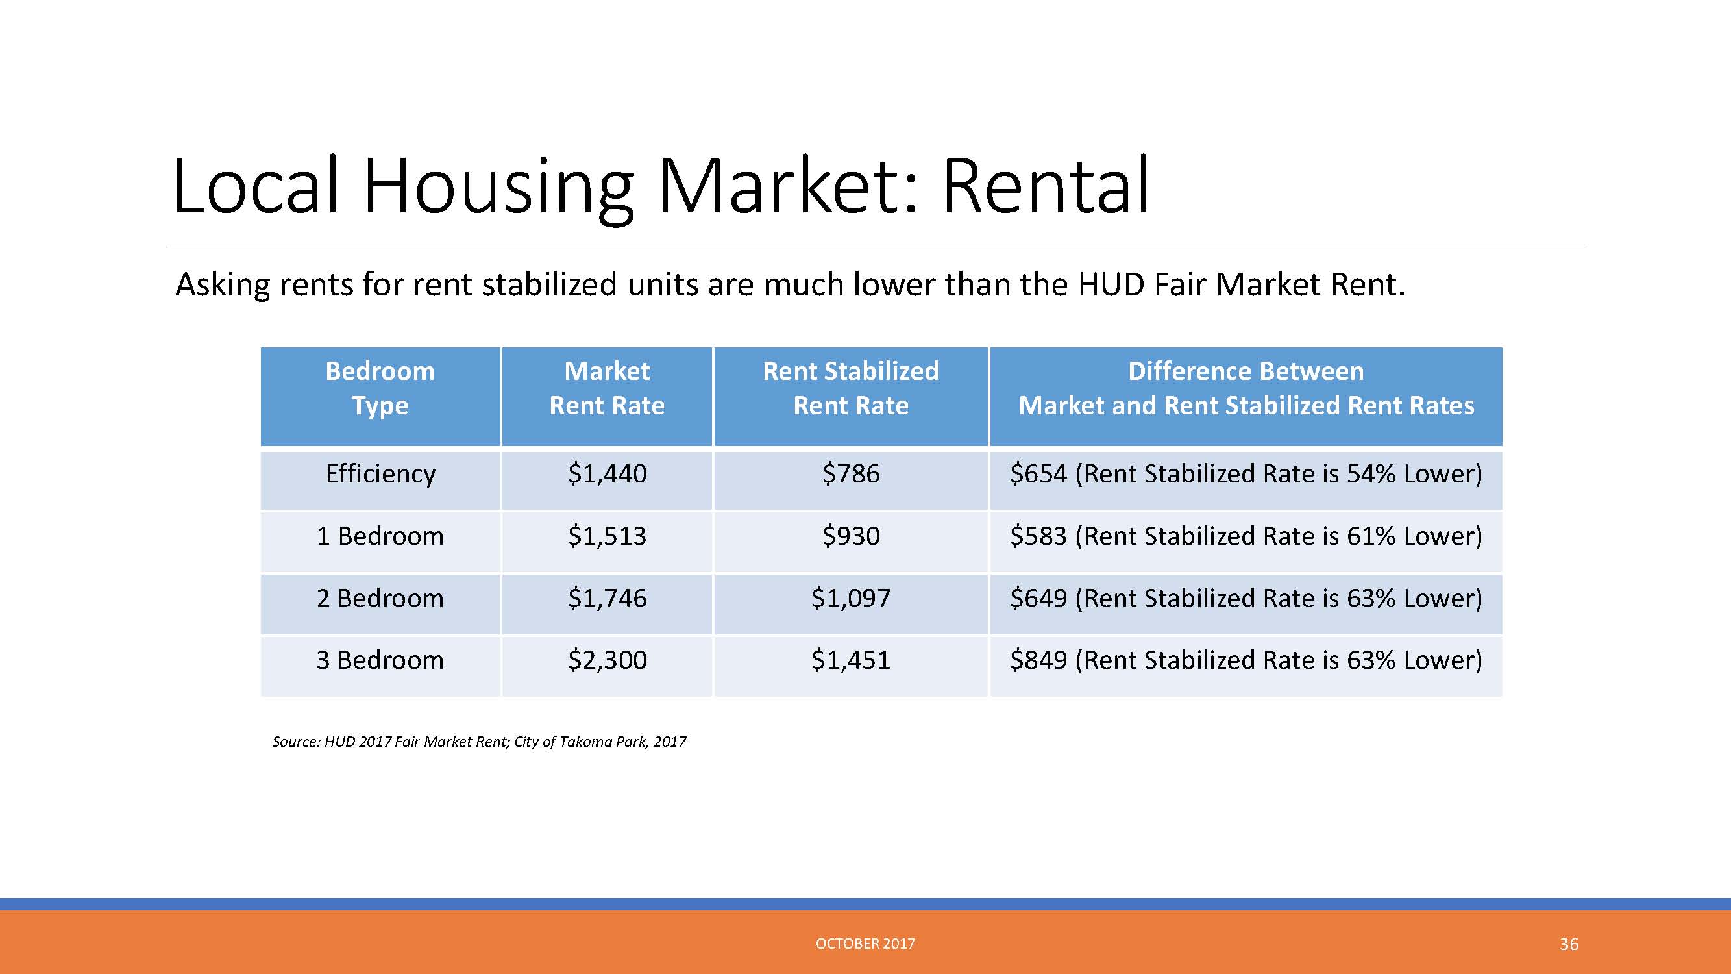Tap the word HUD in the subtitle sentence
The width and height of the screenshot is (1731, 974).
1111,284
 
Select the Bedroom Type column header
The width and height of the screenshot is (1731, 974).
380,388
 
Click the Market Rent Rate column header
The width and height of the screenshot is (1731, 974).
607,388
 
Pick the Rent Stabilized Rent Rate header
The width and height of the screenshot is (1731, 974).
851,388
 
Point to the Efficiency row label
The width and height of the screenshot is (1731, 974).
380,475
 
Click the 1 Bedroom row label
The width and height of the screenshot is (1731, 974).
380,536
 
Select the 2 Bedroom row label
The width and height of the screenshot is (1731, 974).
380,598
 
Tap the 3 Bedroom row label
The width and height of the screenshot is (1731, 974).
380,660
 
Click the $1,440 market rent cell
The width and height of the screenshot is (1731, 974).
608,474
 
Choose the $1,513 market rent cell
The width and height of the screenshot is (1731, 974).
608,536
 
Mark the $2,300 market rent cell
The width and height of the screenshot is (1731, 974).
608,660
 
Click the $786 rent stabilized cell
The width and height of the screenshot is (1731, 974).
851,474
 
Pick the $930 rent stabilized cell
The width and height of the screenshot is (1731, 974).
851,536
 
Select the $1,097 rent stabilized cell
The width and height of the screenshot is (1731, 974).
851,598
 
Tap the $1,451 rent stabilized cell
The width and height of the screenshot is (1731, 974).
851,660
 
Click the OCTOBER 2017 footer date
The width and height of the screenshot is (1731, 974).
866,943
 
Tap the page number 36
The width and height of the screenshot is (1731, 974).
1569,944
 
